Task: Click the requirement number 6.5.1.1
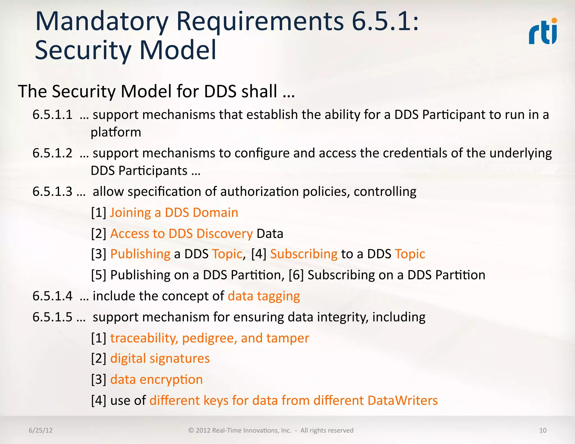coord(53,115)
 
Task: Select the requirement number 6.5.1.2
coord(53,153)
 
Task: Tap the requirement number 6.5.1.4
coord(53,296)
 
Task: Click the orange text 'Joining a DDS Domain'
coord(174,213)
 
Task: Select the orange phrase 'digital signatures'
coord(160,359)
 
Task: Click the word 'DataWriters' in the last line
coord(402,400)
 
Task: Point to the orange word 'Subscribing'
coord(304,254)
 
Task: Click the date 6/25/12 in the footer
coord(41,430)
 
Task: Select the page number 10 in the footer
coord(543,430)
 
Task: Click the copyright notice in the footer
coord(271,430)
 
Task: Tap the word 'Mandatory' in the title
coord(102,22)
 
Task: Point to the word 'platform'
coord(116,132)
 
